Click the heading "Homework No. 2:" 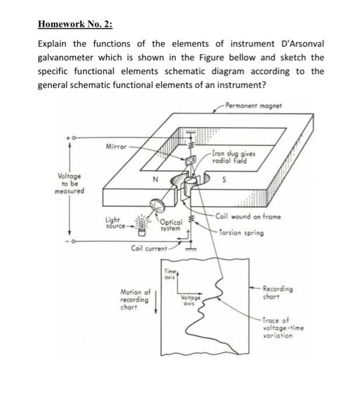[x=75, y=24]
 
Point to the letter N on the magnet [x=156, y=181]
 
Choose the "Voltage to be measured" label [x=70, y=183]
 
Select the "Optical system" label [x=171, y=226]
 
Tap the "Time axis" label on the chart [x=169, y=275]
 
